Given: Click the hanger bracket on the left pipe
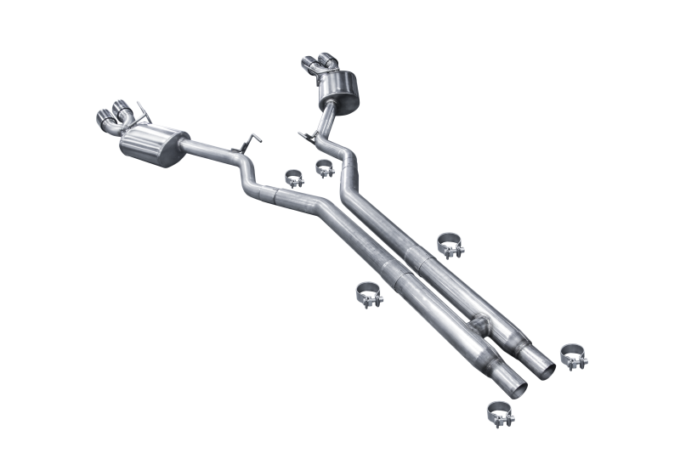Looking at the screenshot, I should tap(252, 142).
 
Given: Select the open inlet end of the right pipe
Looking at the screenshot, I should tap(543, 361).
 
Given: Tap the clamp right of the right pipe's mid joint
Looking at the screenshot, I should tap(450, 244).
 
